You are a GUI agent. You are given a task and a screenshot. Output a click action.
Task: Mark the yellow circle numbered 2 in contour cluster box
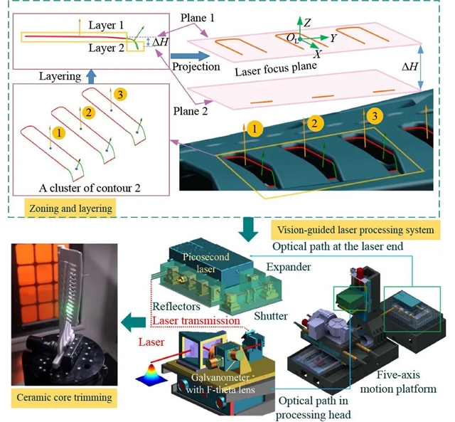click(x=88, y=112)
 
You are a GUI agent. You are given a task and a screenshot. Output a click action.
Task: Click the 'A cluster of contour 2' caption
click(x=90, y=188)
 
